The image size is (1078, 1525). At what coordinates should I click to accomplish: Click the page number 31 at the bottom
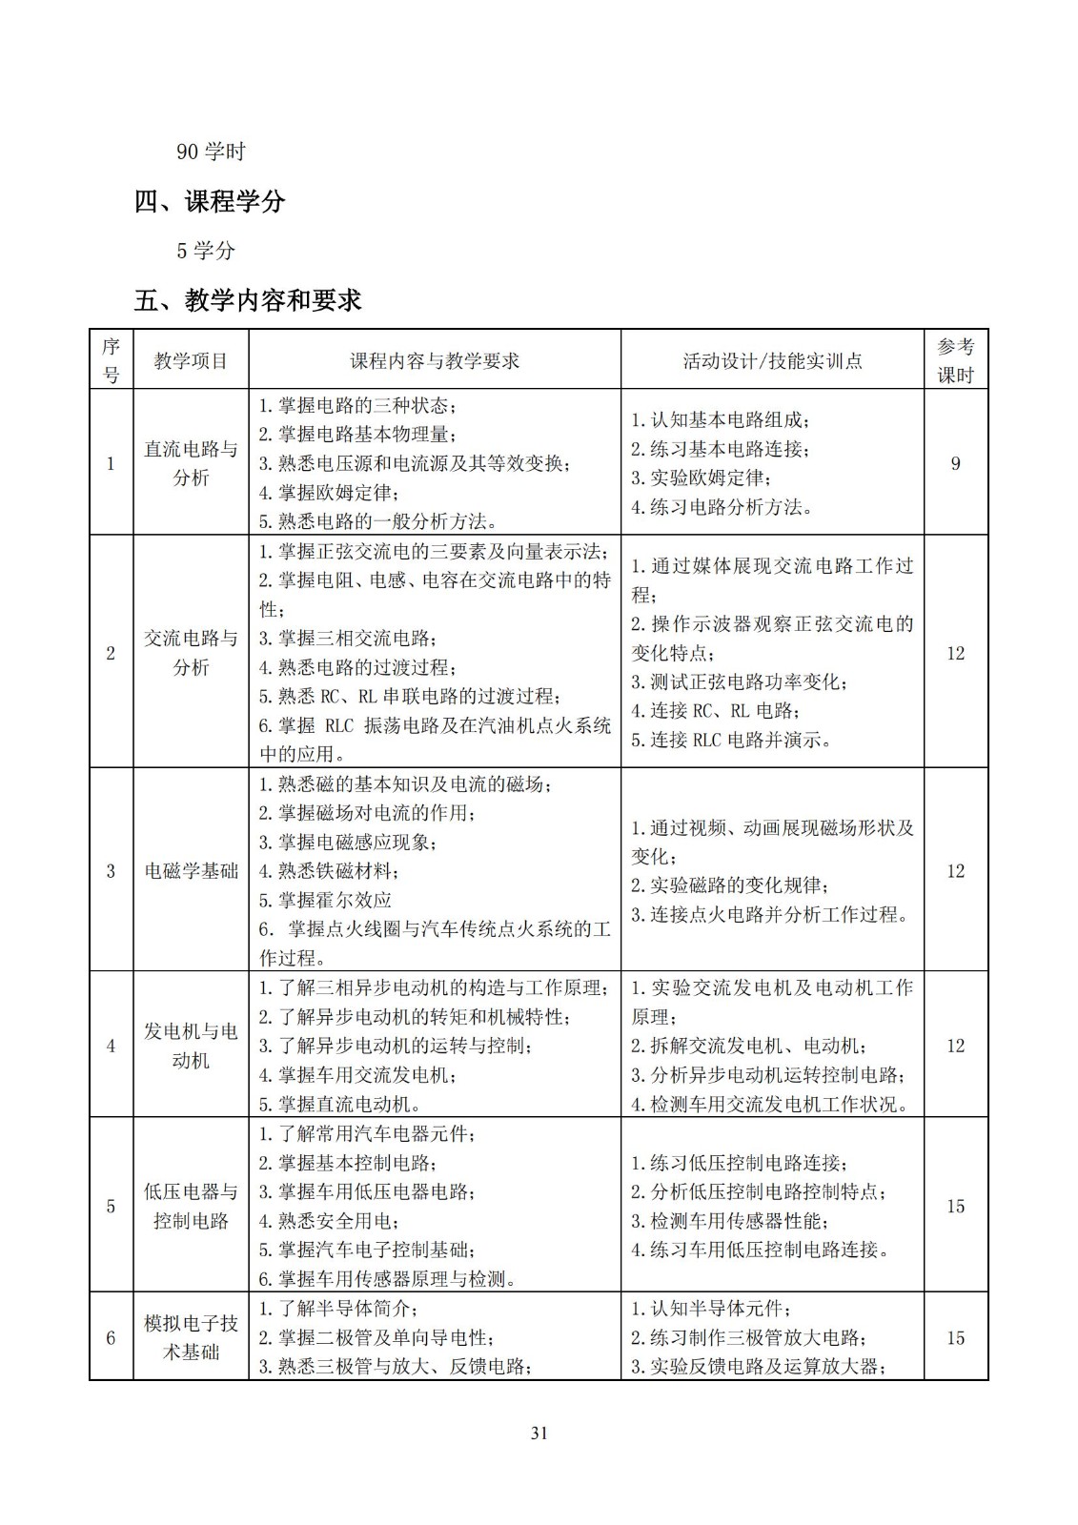pyautogui.click(x=539, y=1433)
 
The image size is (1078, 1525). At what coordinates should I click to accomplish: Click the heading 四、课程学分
pyautogui.click(x=210, y=201)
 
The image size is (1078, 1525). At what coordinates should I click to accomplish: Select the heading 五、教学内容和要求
pyautogui.click(x=248, y=300)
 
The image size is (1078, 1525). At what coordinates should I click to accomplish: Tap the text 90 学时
pyautogui.click(x=211, y=151)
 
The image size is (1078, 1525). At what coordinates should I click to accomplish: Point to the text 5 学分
pyautogui.click(x=206, y=251)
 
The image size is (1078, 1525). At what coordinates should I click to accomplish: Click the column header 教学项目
pyautogui.click(x=191, y=360)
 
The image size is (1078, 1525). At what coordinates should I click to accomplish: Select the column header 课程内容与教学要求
pyautogui.click(x=435, y=360)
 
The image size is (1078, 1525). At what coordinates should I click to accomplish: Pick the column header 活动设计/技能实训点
pyautogui.click(x=772, y=360)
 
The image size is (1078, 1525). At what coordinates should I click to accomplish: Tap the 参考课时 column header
pyautogui.click(x=955, y=360)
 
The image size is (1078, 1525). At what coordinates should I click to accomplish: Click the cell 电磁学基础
pyautogui.click(x=191, y=870)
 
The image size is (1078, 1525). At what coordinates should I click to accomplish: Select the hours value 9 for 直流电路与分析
pyautogui.click(x=955, y=463)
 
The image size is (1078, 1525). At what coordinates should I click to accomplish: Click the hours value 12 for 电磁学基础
pyautogui.click(x=955, y=870)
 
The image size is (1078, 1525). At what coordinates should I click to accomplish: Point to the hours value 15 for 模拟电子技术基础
pyautogui.click(x=955, y=1337)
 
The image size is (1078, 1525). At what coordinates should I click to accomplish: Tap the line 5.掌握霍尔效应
pyautogui.click(x=325, y=899)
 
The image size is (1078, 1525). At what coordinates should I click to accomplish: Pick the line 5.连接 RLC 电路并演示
pyautogui.click(x=730, y=739)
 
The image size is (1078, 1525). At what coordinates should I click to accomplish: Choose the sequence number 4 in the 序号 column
pyautogui.click(x=111, y=1046)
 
